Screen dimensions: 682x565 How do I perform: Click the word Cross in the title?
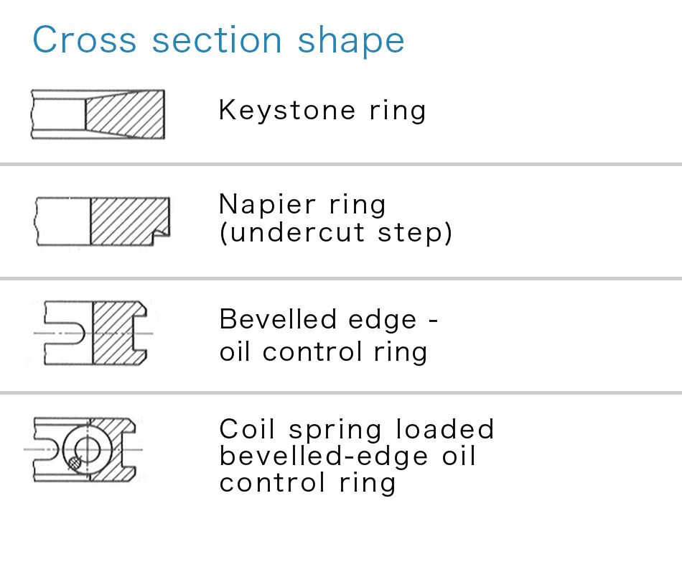click(x=85, y=40)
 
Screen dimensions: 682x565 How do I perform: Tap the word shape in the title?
click(x=351, y=41)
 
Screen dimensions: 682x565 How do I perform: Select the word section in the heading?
click(x=217, y=40)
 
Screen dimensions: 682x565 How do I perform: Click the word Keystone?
click(x=287, y=111)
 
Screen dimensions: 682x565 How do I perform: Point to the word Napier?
click(x=268, y=205)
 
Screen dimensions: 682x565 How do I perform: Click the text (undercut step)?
click(x=336, y=233)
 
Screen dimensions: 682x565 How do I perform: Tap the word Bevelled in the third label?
click(x=278, y=319)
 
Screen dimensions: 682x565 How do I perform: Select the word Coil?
click(x=248, y=429)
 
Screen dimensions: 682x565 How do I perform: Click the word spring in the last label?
click(x=335, y=431)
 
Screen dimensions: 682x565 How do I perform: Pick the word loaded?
click(x=445, y=429)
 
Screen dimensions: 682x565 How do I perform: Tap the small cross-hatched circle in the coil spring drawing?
click(x=75, y=463)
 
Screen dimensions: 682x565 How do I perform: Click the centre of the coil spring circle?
click(x=88, y=449)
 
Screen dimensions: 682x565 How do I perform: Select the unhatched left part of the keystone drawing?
click(x=58, y=114)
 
